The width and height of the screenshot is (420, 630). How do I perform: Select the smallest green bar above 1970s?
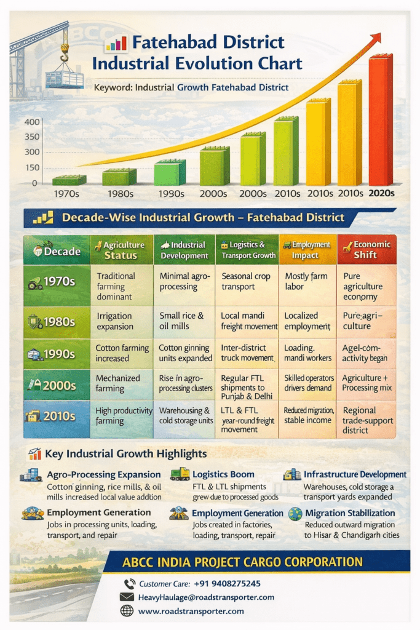(68, 180)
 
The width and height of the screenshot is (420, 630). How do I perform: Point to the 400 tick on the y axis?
(31, 122)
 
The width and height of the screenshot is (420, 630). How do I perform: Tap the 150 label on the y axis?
(31, 167)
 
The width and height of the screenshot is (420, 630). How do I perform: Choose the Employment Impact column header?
(306, 249)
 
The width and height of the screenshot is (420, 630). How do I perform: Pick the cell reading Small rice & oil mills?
(183, 321)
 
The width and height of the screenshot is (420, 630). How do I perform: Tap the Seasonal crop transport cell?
(246, 282)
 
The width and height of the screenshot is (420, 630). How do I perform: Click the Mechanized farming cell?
(119, 383)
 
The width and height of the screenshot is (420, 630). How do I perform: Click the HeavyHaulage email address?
(205, 597)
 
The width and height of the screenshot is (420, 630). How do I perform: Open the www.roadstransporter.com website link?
(191, 611)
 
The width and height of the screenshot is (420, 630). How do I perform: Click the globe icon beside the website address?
(127, 611)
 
